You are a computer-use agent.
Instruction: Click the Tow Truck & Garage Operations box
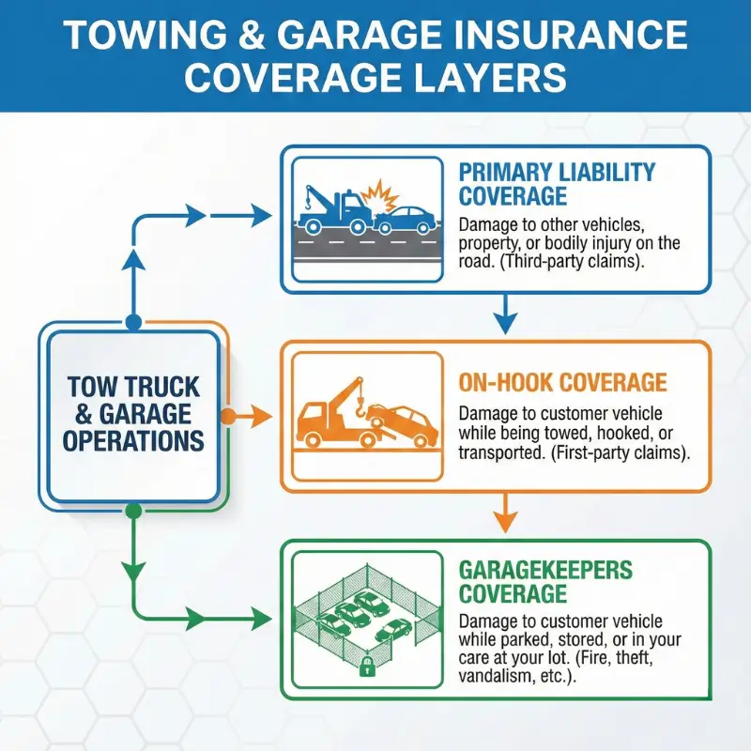click(x=134, y=414)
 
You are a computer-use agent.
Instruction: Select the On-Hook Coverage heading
click(x=562, y=382)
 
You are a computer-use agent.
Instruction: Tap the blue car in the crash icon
click(x=406, y=219)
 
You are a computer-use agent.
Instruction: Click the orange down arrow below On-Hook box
click(x=505, y=516)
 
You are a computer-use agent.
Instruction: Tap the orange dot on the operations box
click(x=226, y=415)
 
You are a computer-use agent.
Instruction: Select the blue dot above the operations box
click(x=133, y=322)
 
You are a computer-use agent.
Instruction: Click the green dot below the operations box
click(x=133, y=510)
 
